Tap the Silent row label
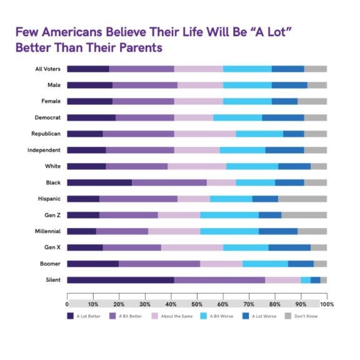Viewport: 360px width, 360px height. [x=52, y=279]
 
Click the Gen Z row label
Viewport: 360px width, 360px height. [x=51, y=214]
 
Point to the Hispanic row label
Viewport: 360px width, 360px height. [x=47, y=198]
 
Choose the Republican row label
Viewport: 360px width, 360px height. [x=46, y=133]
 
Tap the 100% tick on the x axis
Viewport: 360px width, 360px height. [x=326, y=304]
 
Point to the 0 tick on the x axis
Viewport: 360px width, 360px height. [x=67, y=304]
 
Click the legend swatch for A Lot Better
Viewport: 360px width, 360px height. [x=71, y=316]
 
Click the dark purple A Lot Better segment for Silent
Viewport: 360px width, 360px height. [x=121, y=279]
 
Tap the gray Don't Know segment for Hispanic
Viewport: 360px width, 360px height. [x=302, y=198]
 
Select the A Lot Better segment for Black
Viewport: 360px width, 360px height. [x=99, y=182]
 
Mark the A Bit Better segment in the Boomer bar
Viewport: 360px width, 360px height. [x=159, y=263]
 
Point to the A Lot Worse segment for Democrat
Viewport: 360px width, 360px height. [x=283, y=117]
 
